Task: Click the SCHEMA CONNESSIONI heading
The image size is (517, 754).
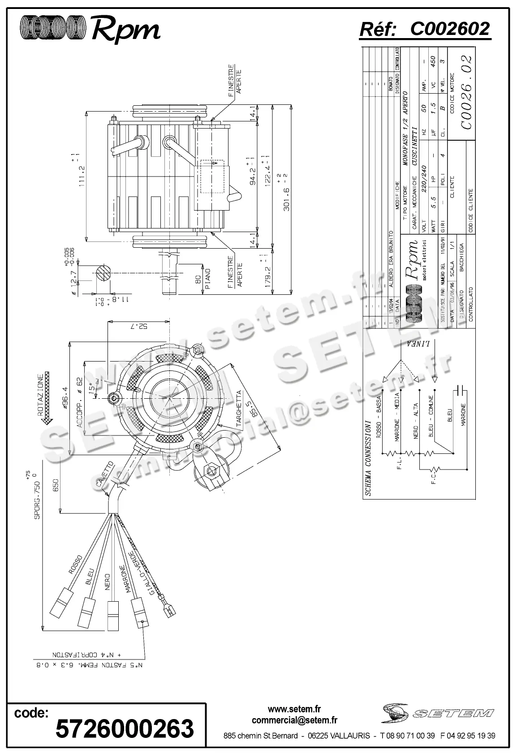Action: pyautogui.click(x=368, y=457)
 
